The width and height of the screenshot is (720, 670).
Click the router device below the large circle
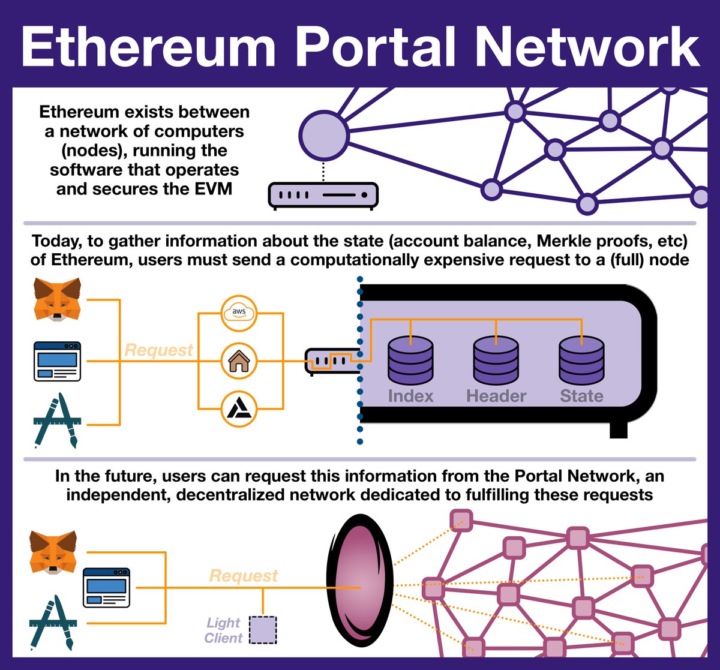[x=323, y=196]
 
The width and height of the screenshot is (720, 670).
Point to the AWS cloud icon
[x=239, y=313]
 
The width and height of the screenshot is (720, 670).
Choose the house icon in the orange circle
[x=239, y=362]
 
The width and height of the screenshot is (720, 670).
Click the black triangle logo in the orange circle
[x=239, y=410]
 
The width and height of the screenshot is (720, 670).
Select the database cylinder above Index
[x=410, y=360]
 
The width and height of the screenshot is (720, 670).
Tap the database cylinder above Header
[x=496, y=360]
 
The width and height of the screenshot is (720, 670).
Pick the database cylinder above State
[x=581, y=360]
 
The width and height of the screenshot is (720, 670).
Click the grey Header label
[x=496, y=396]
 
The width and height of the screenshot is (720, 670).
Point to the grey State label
[x=581, y=396]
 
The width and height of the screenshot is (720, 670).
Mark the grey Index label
[x=410, y=396]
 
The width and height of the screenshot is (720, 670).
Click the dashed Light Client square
[x=263, y=630]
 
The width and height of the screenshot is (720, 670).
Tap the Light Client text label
[x=223, y=630]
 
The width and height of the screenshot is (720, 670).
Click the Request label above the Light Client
[x=244, y=576]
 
